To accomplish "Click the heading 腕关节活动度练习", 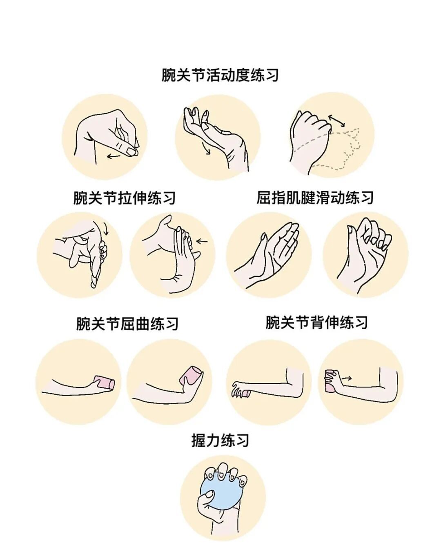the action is [x=220, y=75].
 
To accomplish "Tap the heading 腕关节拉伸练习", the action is [x=125, y=198].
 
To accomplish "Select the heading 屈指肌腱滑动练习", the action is [x=315, y=198].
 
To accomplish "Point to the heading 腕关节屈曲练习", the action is [x=127, y=324].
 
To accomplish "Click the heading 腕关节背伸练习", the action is [x=317, y=323].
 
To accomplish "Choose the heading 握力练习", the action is [x=220, y=440].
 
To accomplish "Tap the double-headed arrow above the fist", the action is [x=336, y=120].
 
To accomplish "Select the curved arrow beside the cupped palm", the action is [x=207, y=149].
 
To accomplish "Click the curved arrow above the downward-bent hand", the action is [x=106, y=228].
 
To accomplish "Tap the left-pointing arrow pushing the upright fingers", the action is [x=202, y=241].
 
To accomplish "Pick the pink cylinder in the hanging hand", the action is [x=246, y=394].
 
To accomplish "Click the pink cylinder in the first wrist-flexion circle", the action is [x=105, y=383].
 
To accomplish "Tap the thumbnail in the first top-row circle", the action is [x=131, y=151].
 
